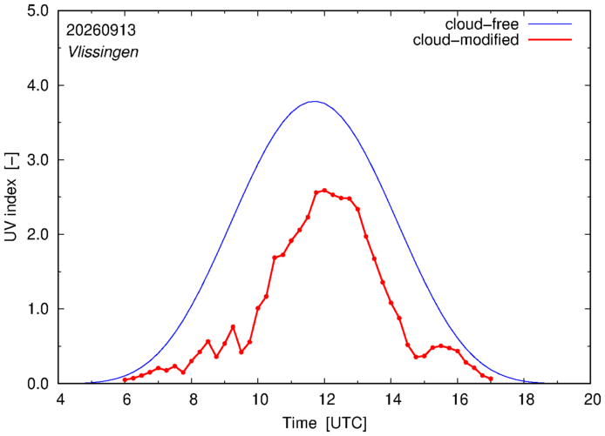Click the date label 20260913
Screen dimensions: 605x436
pyautogui.click(x=101, y=30)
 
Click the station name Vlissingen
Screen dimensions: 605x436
pyautogui.click(x=103, y=52)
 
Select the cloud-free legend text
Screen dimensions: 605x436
pyautogui.click(x=482, y=24)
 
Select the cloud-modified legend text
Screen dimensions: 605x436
pyautogui.click(x=466, y=40)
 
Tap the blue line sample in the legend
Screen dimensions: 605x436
pyautogui.click(x=550, y=23)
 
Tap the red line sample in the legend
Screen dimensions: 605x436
pyautogui.click(x=550, y=39)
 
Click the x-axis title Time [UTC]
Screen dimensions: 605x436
pyautogui.click(x=324, y=423)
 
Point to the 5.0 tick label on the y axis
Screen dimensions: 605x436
pyautogui.click(x=37, y=10)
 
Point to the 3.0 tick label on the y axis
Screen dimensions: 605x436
pyautogui.click(x=37, y=160)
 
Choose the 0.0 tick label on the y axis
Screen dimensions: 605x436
pyautogui.click(x=37, y=384)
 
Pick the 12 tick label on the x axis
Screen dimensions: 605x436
pyautogui.click(x=324, y=399)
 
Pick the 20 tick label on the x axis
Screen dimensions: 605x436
pyautogui.click(x=591, y=399)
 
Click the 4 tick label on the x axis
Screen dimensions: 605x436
pyautogui.click(x=60, y=399)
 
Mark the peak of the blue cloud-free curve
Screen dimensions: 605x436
pyautogui.click(x=315, y=102)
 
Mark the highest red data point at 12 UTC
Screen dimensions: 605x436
pyautogui.click(x=324, y=191)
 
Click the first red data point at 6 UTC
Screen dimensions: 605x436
pyautogui.click(x=125, y=379)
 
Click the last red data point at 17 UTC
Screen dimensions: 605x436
pyautogui.click(x=491, y=379)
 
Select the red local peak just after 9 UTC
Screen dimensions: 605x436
pyautogui.click(x=233, y=326)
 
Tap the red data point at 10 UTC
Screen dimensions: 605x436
pyautogui.click(x=258, y=308)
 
